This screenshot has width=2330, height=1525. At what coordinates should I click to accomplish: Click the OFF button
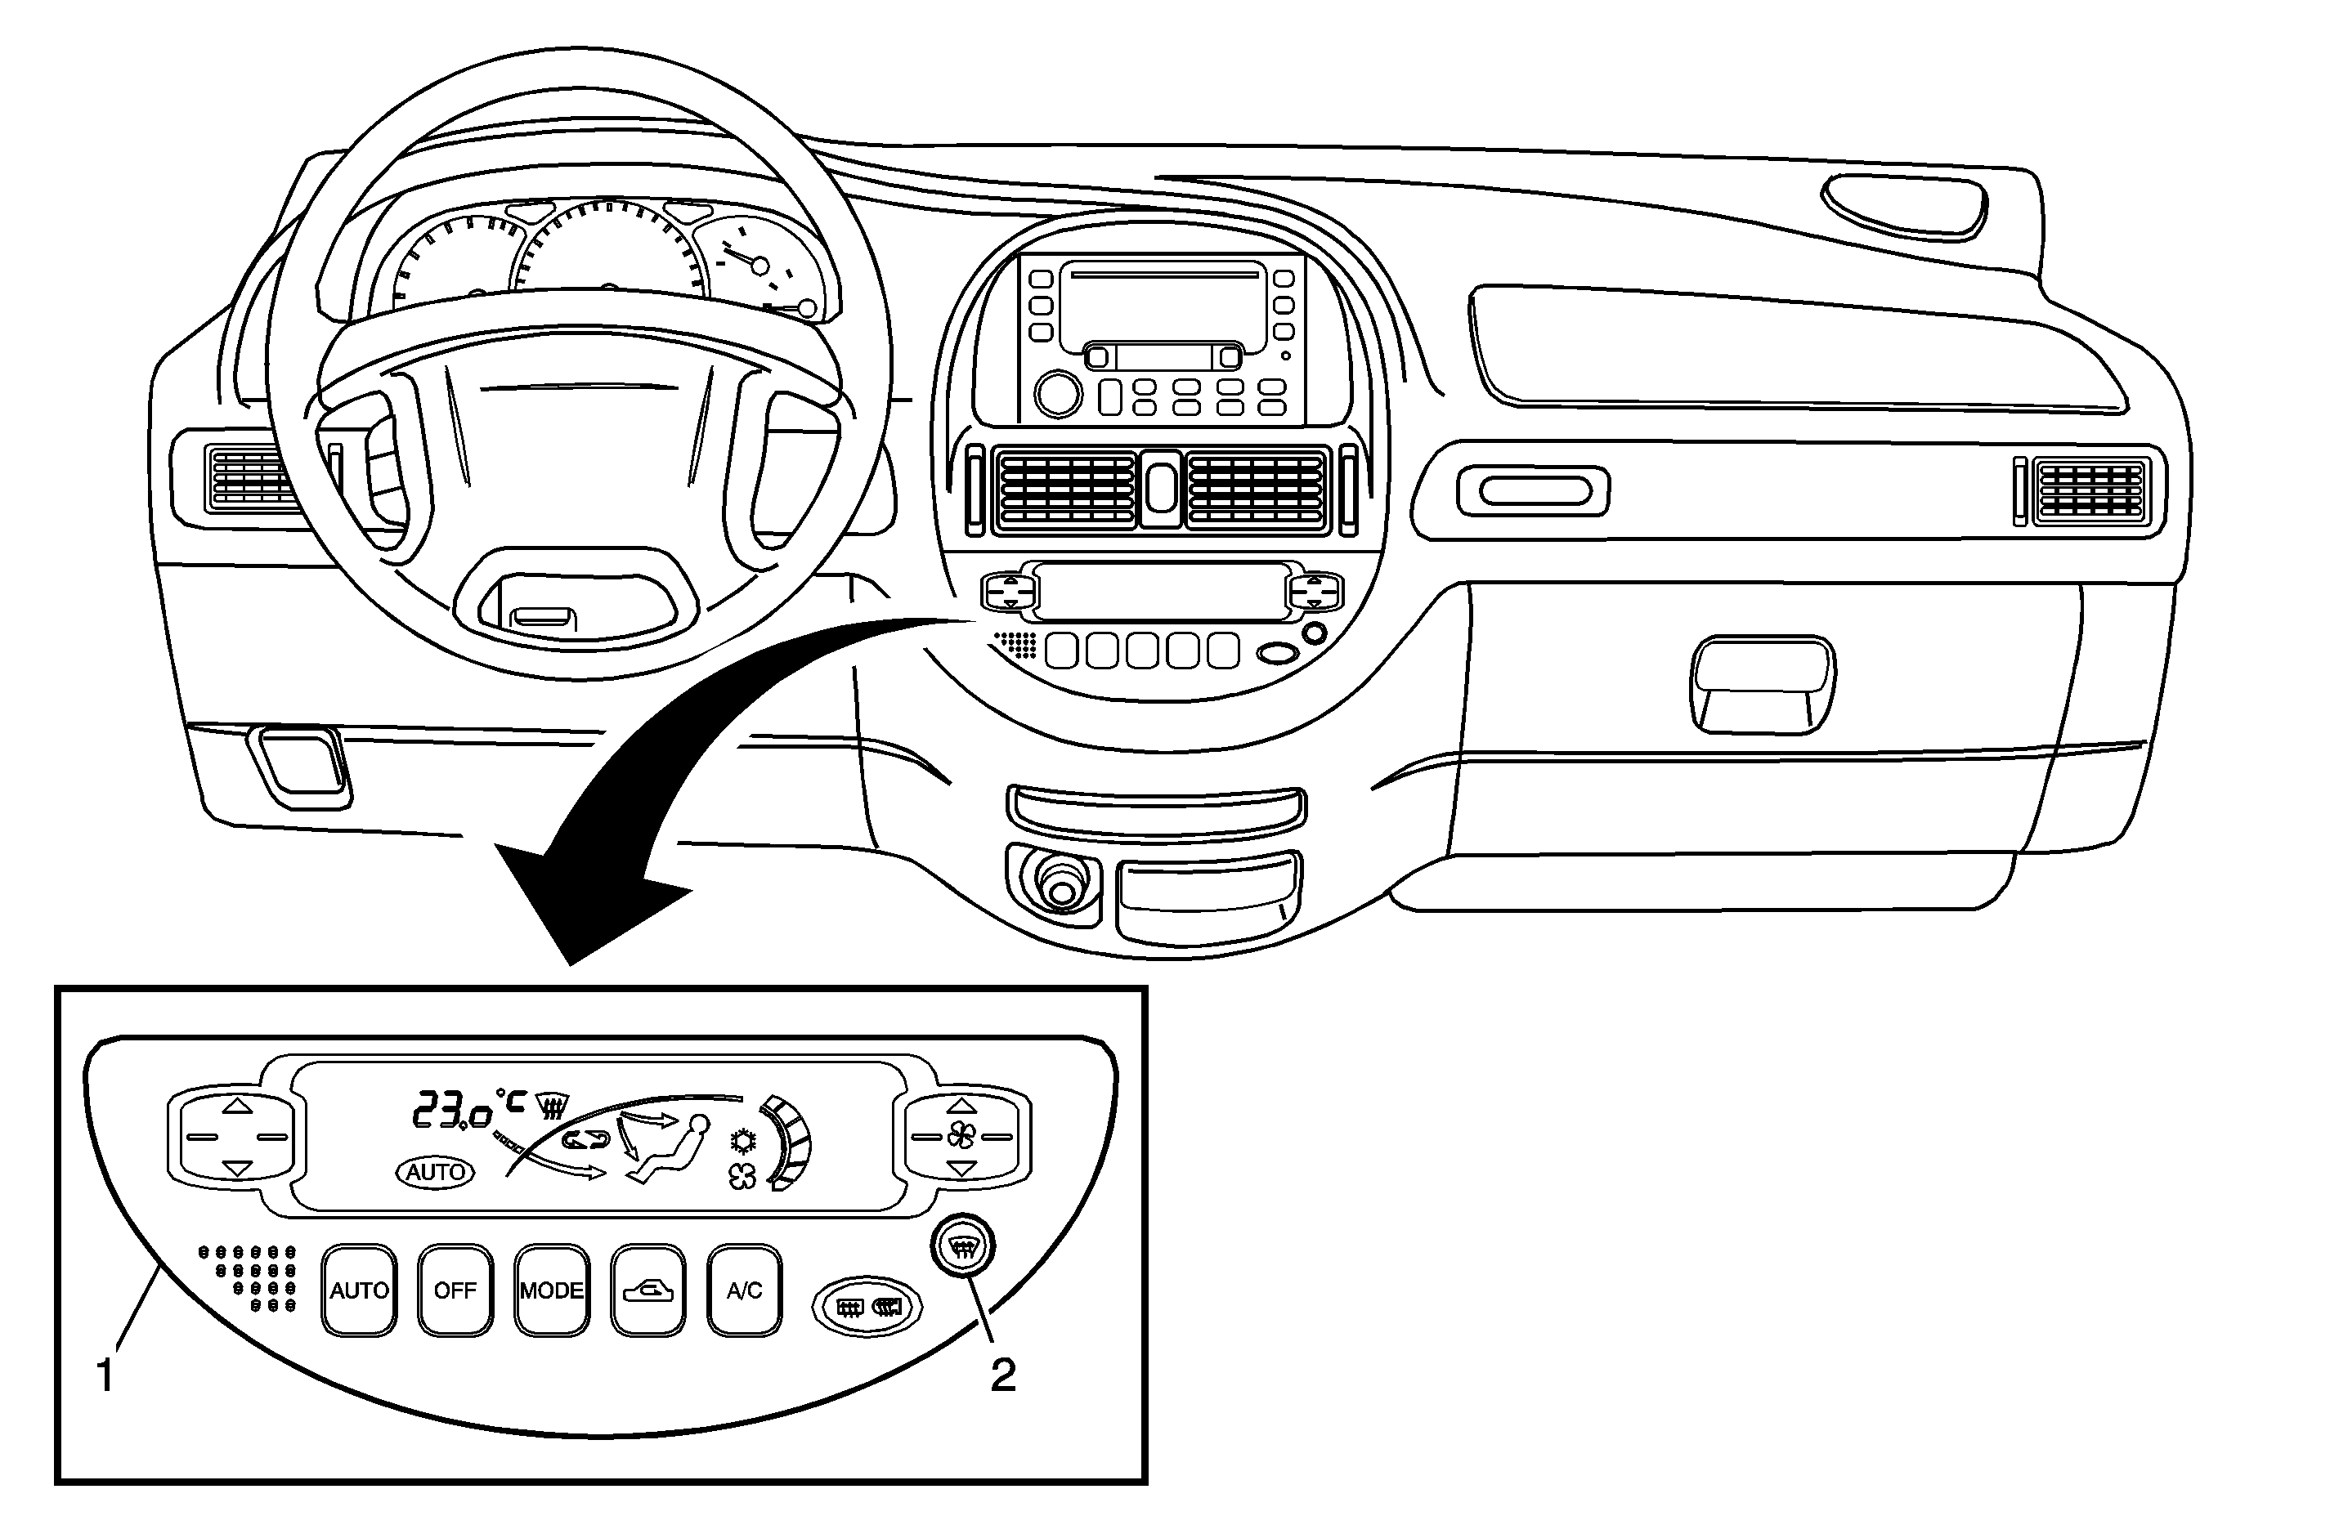(455, 1290)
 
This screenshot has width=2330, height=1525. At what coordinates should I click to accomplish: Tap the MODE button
(551, 1290)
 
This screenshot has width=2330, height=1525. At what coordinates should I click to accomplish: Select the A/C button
(744, 1290)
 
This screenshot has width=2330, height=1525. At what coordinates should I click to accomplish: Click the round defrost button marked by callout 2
(963, 1248)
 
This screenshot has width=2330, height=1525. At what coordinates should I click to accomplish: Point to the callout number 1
(105, 1375)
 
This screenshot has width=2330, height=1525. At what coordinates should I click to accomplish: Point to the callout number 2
(1003, 1375)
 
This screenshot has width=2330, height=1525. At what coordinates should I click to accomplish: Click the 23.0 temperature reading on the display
(451, 1111)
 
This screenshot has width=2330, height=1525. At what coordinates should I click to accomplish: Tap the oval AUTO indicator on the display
(435, 1172)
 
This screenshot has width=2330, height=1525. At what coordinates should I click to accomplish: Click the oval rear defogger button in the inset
(867, 1306)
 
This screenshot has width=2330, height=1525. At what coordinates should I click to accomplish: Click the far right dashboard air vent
(2090, 490)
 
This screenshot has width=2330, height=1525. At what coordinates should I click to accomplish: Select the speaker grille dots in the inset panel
(249, 1277)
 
